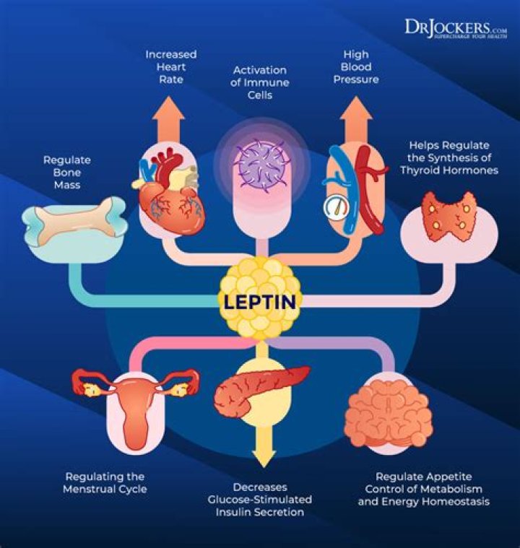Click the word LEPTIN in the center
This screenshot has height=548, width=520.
[259, 301]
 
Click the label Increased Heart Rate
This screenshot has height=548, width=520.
[170, 66]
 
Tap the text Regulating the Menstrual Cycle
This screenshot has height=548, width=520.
[105, 483]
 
